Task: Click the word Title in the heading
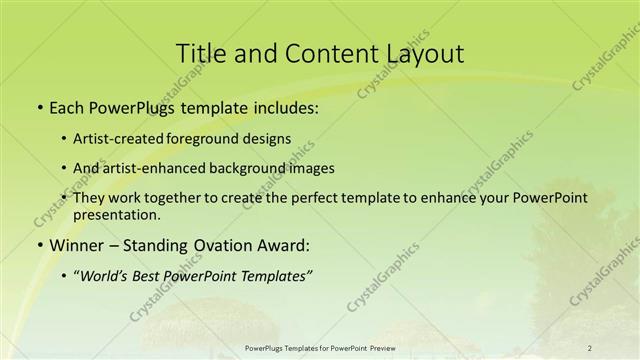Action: (200, 54)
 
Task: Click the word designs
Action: (266, 139)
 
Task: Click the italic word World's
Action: (104, 275)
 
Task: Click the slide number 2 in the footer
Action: (590, 348)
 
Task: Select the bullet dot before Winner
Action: (39, 245)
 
